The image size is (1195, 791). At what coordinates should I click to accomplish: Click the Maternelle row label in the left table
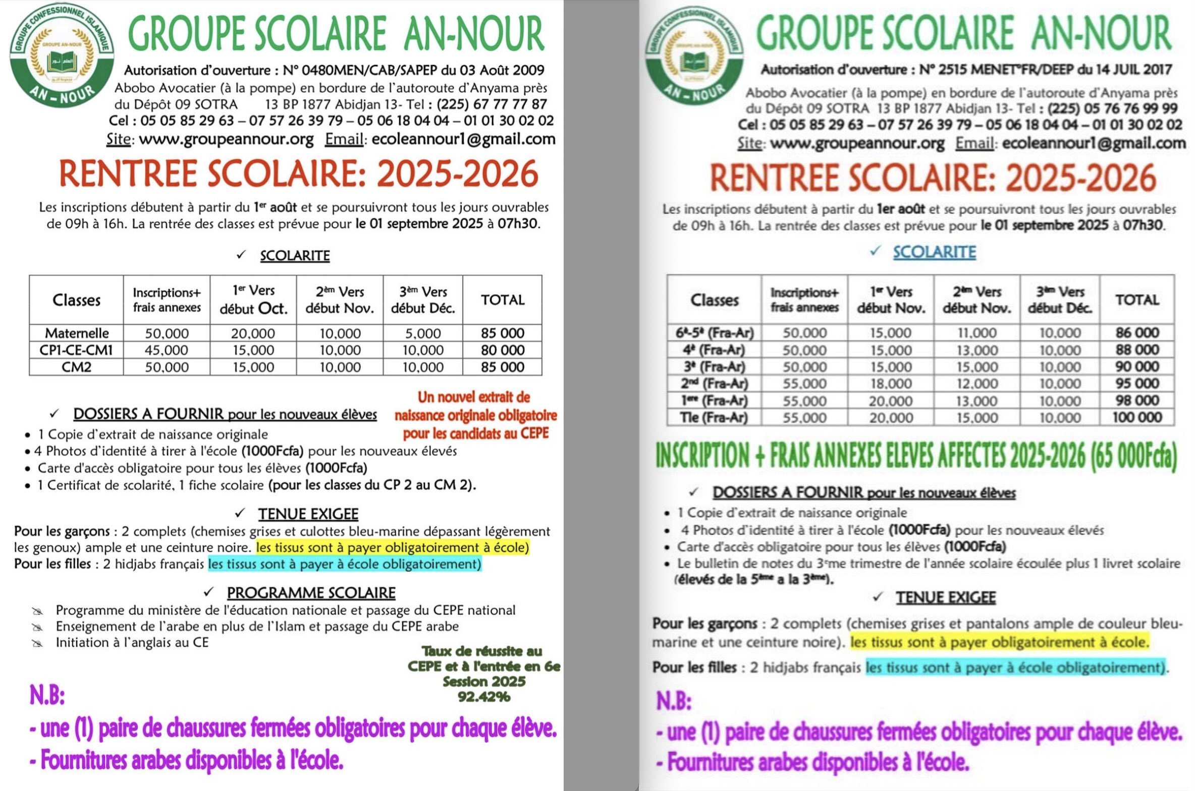point(77,333)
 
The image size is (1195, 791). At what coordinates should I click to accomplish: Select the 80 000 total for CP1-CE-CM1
point(503,350)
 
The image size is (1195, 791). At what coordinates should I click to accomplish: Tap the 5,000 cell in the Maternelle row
point(423,333)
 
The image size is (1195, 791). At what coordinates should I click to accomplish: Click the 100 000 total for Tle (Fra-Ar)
point(1137,417)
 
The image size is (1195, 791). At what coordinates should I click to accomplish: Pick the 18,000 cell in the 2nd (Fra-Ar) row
point(891,383)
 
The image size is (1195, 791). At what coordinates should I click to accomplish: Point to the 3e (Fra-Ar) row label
point(714,367)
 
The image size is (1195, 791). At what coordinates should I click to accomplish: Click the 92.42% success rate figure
point(483,697)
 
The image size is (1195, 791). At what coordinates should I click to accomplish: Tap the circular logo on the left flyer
point(62,55)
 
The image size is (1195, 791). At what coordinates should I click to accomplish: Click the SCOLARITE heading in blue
point(934,252)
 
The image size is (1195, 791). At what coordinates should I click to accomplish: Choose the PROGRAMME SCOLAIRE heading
point(311,593)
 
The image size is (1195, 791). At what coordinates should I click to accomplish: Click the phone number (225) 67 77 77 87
point(492,104)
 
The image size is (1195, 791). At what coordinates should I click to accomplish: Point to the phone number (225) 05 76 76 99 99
point(1112,108)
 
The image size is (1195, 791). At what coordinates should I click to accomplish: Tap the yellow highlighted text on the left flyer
point(392,547)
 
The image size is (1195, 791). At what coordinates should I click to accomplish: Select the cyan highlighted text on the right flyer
point(1015,667)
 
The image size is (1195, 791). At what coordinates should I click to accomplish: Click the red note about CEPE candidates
point(475,415)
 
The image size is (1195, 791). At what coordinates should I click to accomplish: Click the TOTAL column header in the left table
point(503,300)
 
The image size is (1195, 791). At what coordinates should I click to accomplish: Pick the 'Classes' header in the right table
point(714,300)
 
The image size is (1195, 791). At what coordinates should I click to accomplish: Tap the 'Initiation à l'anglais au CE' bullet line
point(132,642)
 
